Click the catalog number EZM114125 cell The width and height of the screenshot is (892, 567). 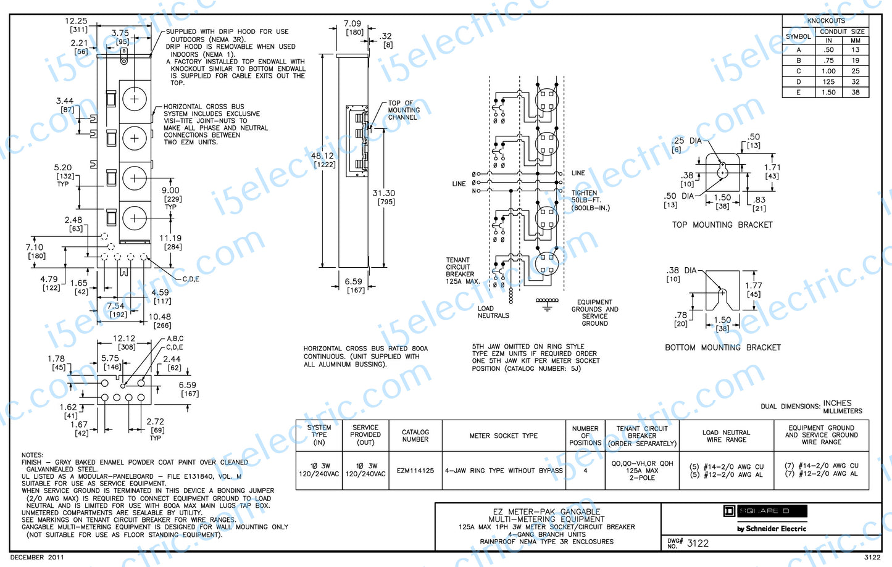point(415,471)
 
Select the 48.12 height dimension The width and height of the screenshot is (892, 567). point(322,156)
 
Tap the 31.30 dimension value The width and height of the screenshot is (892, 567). point(383,193)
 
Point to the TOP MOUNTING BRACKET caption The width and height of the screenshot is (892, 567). point(722,225)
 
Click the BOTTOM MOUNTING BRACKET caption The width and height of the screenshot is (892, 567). point(722,348)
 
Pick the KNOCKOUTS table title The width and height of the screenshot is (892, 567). point(825,21)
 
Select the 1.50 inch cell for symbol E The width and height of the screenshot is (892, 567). point(828,93)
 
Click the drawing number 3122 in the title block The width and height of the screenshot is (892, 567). point(698,544)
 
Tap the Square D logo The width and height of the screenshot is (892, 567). point(765,511)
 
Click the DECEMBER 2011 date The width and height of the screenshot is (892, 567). point(36,557)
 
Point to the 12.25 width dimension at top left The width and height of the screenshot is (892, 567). point(76,21)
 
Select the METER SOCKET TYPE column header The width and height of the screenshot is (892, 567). point(503,436)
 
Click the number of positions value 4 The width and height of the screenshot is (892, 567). point(585,471)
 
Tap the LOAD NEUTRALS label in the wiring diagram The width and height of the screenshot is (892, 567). point(493,312)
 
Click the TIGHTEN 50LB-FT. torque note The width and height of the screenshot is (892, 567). point(590,201)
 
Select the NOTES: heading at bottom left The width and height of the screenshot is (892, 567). point(32,455)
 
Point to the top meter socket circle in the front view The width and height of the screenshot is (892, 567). point(135,99)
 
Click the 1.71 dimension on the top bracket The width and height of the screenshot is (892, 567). point(772,167)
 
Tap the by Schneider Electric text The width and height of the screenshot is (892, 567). point(772,529)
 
